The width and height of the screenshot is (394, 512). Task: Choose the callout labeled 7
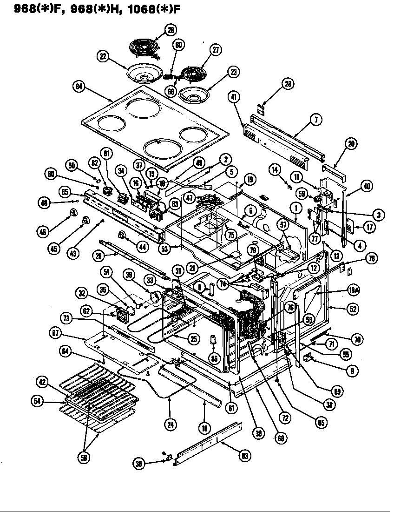pyautogui.click(x=315, y=120)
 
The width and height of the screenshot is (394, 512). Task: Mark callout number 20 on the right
pyautogui.click(x=351, y=144)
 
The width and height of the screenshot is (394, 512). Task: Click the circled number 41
pyautogui.click(x=234, y=97)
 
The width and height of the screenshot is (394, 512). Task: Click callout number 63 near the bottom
pyautogui.click(x=244, y=456)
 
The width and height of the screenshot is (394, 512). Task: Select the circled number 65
pyautogui.click(x=322, y=422)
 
